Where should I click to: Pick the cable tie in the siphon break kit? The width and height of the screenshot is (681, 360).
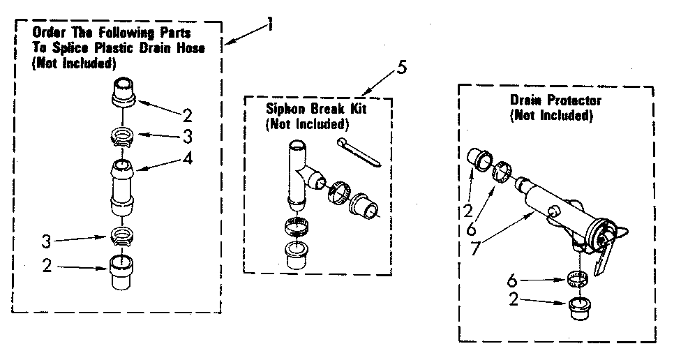click(x=359, y=151)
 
